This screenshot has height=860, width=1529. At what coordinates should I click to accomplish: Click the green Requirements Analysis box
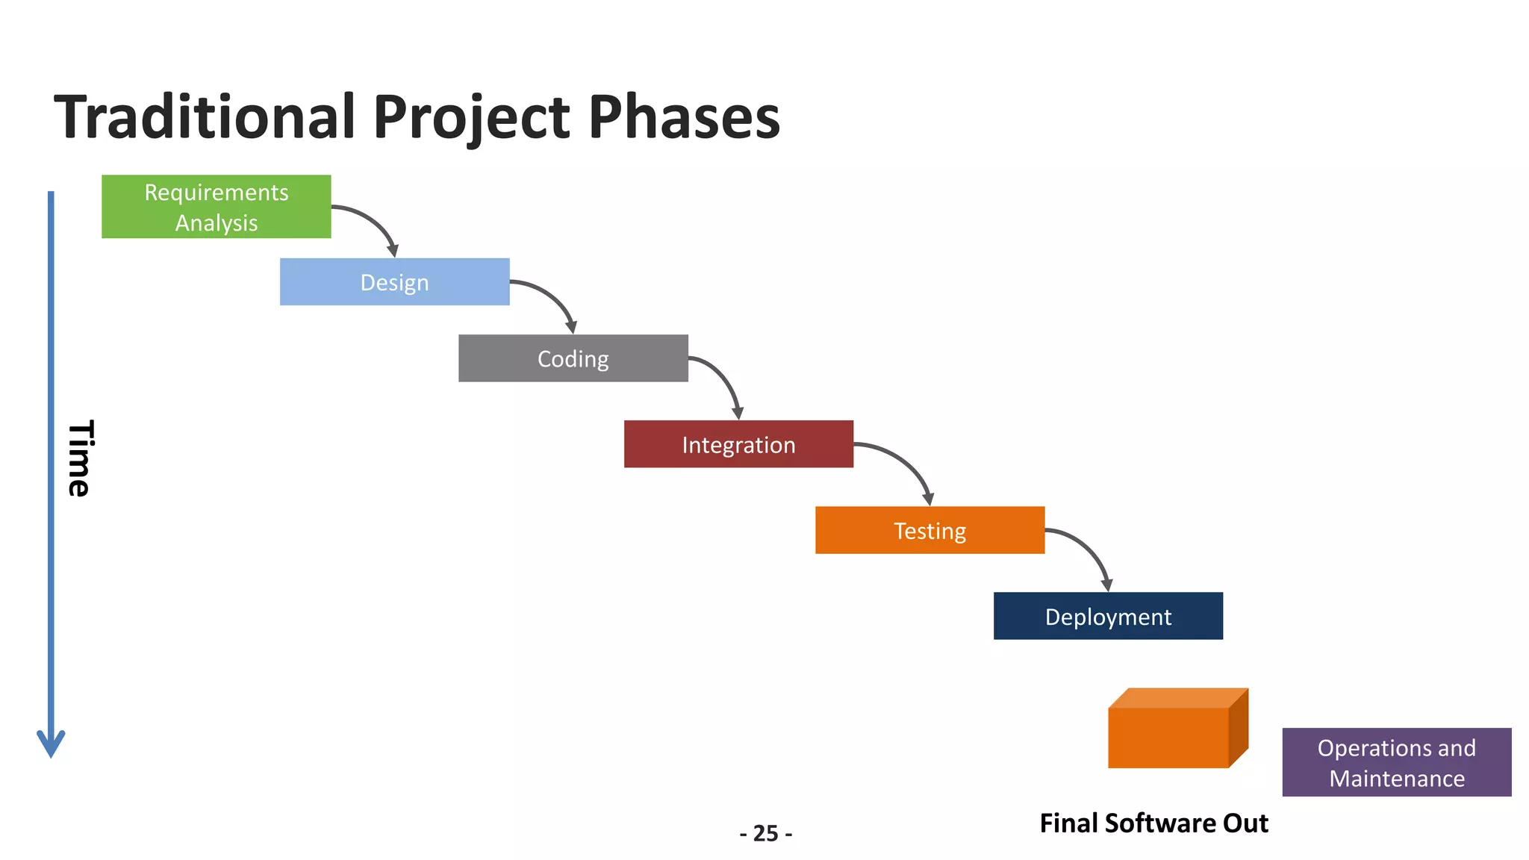(216, 207)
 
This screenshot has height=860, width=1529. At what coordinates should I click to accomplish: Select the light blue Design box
(394, 282)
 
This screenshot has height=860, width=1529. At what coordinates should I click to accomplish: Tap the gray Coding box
(573, 358)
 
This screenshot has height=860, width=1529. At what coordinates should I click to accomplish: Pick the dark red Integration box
(738, 444)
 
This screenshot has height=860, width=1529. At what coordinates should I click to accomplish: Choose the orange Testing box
(929, 530)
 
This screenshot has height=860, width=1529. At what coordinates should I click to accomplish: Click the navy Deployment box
(1108, 616)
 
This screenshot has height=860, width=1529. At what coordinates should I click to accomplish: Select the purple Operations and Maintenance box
(1396, 762)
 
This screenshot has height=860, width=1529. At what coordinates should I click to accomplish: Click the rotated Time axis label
(79, 458)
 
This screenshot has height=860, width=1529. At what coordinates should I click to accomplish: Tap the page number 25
(766, 833)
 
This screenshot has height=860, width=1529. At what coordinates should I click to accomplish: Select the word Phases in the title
(684, 117)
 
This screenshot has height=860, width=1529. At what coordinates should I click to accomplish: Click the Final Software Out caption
(1153, 823)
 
